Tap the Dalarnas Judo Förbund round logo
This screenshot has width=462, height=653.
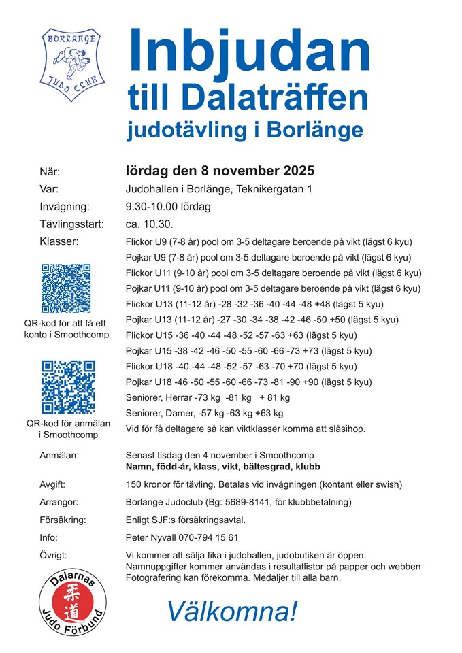click(71, 599)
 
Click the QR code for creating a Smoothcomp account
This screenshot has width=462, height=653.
click(66, 288)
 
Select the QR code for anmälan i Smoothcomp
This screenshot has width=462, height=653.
click(67, 387)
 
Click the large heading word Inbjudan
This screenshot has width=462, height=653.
click(248, 50)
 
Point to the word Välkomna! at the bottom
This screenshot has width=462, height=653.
click(232, 612)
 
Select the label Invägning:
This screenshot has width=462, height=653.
click(64, 207)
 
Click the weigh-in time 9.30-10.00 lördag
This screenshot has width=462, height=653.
click(168, 207)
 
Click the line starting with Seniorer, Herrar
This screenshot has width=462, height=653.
click(208, 397)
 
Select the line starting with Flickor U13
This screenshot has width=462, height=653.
click(254, 304)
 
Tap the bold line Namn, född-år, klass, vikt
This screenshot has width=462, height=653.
click(223, 467)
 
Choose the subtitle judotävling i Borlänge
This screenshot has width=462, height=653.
click(245, 129)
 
